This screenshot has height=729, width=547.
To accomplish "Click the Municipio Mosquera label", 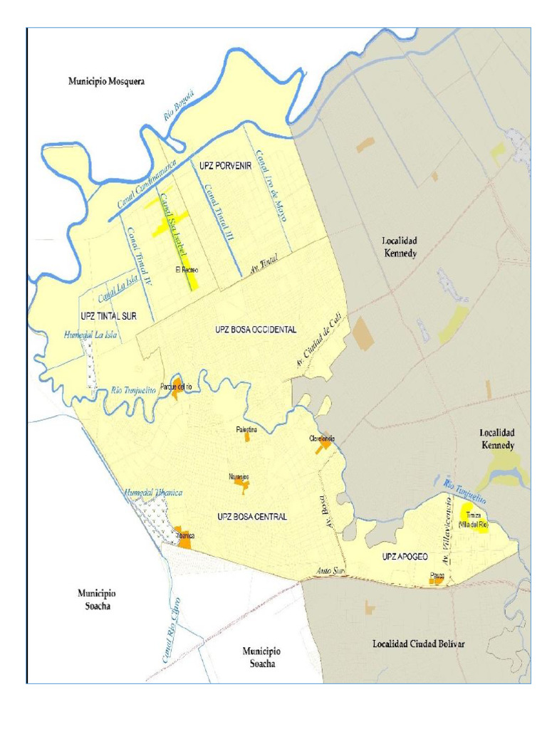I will pyautogui.click(x=106, y=81).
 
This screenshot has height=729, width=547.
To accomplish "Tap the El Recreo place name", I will pyautogui.click(x=186, y=271).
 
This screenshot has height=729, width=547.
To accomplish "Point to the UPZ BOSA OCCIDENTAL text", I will pyautogui.click(x=255, y=330).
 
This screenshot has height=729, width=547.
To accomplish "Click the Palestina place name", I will pyautogui.click(x=246, y=430).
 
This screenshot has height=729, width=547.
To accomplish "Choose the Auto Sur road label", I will pyautogui.click(x=330, y=572).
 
